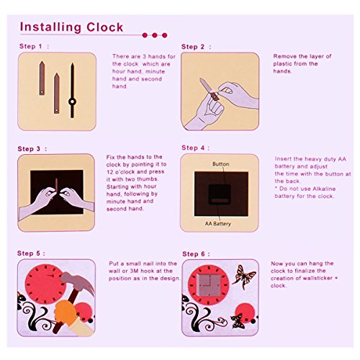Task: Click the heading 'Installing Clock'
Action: tap(71, 27)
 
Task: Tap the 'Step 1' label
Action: tap(31, 46)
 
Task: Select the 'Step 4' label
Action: tap(193, 148)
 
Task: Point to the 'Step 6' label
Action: tap(194, 254)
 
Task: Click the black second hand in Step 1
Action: tap(72, 90)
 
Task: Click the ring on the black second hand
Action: tap(72, 102)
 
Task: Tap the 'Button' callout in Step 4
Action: tap(221, 164)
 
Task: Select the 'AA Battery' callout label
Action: tap(218, 224)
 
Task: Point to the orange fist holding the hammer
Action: tap(66, 312)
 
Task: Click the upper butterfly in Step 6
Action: tap(243, 276)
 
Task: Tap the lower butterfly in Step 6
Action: tap(238, 321)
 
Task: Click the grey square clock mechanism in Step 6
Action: tap(210, 285)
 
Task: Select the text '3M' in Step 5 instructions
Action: tap(134, 271)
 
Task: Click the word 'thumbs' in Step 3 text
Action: tap(148, 179)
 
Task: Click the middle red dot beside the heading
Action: tap(155, 35)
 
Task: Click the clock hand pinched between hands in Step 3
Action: tap(56, 186)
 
